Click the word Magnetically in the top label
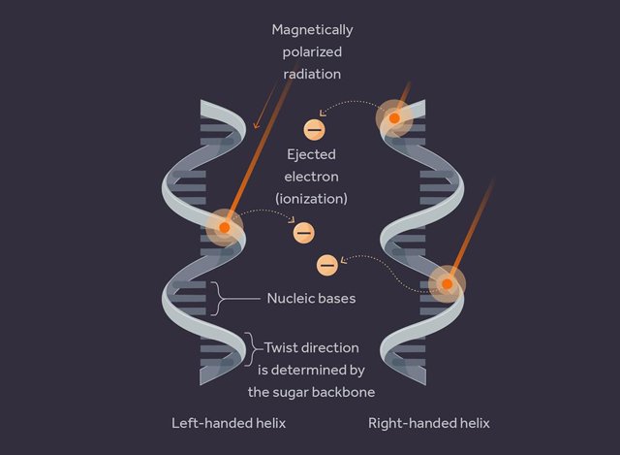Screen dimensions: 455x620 pos(312,30)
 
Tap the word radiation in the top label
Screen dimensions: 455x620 pos(312,73)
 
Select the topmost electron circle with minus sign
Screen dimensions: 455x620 pos(314,128)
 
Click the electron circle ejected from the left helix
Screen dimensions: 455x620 pos(303,232)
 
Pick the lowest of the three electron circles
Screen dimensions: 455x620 pos(327,263)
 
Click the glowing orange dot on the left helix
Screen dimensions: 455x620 pos(224,226)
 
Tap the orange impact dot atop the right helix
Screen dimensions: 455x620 pos(394,118)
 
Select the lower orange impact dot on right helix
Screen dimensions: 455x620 pos(448,285)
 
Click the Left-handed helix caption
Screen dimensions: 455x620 pos(229,424)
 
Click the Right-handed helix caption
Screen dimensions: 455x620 pos(429,424)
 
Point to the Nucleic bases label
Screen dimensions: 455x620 pos(311,298)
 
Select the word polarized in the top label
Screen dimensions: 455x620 pos(312,51)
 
